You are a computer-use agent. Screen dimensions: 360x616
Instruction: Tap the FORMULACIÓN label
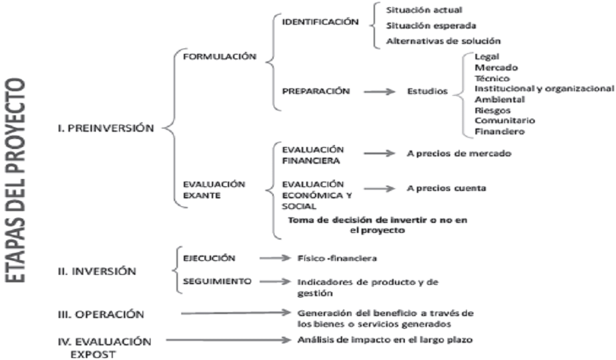pyautogui.click(x=220, y=57)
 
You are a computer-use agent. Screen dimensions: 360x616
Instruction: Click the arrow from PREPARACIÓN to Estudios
pyautogui.click(x=378, y=92)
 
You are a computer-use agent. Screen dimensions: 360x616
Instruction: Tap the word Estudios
pyautogui.click(x=427, y=92)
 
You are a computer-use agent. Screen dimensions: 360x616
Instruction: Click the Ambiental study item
pyautogui.click(x=496, y=99)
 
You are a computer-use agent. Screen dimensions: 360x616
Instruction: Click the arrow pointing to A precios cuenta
pyautogui.click(x=380, y=188)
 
